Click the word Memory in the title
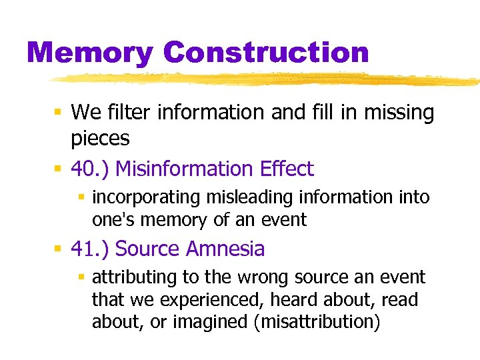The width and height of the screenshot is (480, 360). pyautogui.click(x=90, y=53)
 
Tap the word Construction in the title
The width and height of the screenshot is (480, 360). pyautogui.click(x=266, y=53)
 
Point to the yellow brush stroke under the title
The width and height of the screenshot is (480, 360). pyautogui.click(x=267, y=79)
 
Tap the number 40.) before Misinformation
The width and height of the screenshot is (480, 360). pyautogui.click(x=90, y=169)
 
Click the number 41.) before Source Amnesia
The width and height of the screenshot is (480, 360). pyautogui.click(x=90, y=249)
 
